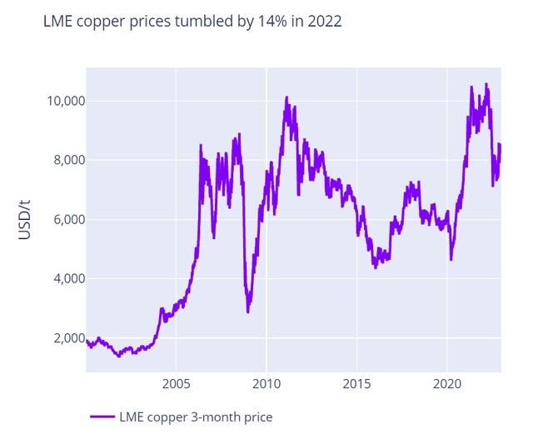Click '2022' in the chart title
click(323, 22)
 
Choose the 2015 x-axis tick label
click(356, 385)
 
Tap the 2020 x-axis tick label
click(447, 385)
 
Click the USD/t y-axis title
click(26, 219)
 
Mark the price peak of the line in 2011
click(286, 97)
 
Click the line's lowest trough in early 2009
click(248, 312)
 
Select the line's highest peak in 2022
click(486, 84)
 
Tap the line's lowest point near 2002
click(119, 357)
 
